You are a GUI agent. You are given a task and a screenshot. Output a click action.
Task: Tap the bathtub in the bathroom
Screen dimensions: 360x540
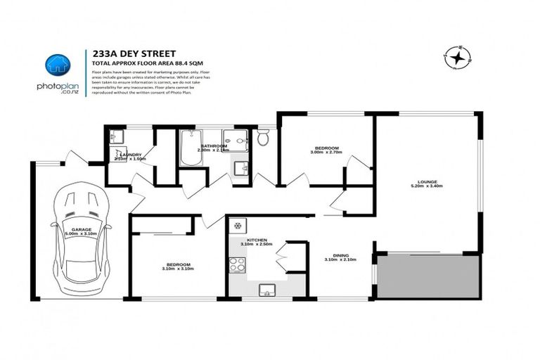[191, 148]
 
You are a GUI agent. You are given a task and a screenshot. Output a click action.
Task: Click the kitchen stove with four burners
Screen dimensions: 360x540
[237, 265]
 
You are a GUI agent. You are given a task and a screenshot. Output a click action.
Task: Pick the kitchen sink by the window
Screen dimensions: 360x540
[266, 290]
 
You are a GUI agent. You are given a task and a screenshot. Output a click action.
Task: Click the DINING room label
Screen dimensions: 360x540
[340, 256]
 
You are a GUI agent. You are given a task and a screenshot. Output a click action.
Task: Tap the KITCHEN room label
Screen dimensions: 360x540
[251, 240]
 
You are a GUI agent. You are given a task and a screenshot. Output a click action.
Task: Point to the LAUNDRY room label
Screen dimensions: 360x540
[131, 154]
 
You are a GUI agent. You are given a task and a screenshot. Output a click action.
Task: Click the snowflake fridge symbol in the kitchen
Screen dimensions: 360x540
[238, 226]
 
